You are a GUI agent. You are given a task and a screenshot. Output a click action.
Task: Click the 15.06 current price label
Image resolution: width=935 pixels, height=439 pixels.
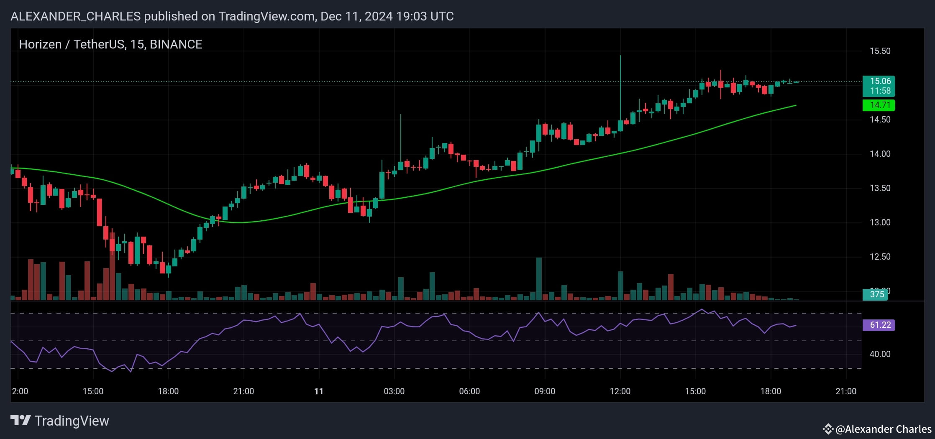pyautogui.click(x=880, y=81)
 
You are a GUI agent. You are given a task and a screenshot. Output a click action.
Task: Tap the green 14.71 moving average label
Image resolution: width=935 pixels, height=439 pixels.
pyautogui.click(x=879, y=105)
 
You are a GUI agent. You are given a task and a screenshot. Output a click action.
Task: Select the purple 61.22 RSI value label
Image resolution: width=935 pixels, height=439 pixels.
pyautogui.click(x=879, y=325)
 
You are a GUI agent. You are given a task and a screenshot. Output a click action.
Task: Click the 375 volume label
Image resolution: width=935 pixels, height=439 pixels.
pyautogui.click(x=876, y=294)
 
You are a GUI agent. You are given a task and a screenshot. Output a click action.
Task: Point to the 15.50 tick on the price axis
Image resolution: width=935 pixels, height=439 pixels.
pyautogui.click(x=880, y=51)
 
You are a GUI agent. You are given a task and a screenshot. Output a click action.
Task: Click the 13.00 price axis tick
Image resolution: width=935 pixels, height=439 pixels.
pyautogui.click(x=880, y=222)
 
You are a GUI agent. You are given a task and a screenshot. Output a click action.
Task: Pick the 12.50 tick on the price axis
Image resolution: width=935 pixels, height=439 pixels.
pyautogui.click(x=880, y=257)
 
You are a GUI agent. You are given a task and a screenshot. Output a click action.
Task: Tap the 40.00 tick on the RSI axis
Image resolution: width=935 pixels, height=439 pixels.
pyautogui.click(x=880, y=354)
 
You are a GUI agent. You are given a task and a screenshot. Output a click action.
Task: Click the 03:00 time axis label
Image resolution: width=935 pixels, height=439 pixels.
pyautogui.click(x=394, y=391)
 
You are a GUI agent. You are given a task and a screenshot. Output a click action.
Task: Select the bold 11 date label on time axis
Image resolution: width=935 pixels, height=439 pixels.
pyautogui.click(x=319, y=391)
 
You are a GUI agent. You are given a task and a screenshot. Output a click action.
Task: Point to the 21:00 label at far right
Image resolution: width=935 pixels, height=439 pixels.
pyautogui.click(x=846, y=391)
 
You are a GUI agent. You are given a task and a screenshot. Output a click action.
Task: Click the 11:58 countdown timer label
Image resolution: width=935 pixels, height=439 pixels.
pyautogui.click(x=880, y=91)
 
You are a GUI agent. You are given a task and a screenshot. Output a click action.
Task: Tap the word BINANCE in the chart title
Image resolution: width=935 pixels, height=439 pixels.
pyautogui.click(x=176, y=44)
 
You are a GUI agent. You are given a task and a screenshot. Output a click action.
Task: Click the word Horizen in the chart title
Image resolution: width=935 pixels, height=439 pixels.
pyautogui.click(x=40, y=44)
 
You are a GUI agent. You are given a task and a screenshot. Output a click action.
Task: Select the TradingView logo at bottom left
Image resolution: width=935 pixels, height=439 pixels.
pyautogui.click(x=59, y=421)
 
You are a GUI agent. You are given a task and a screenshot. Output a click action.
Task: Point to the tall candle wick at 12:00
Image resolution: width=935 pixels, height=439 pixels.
pyautogui.click(x=620, y=84)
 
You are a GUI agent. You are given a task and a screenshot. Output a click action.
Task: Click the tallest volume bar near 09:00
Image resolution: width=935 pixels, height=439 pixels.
pyautogui.click(x=539, y=278)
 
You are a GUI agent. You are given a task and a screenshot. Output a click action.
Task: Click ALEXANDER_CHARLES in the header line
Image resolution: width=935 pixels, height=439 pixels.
pyautogui.click(x=75, y=16)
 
